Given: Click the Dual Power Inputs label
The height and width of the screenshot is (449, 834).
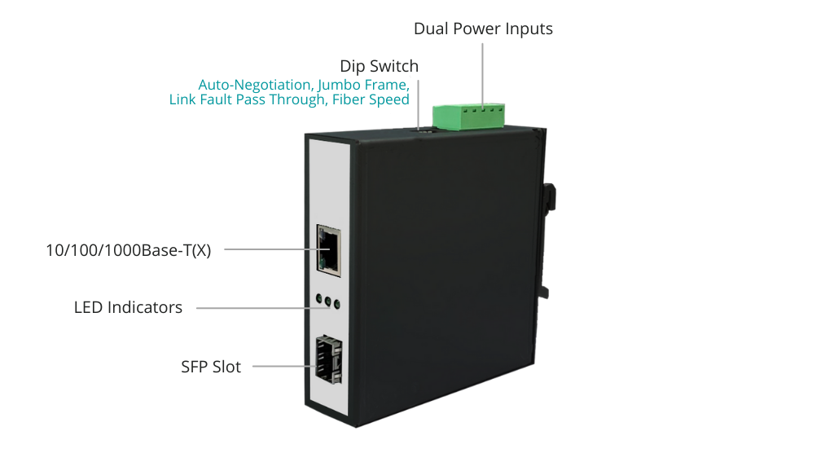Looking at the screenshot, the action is pos(483,29).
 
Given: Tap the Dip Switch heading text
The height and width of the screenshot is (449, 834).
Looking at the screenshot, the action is pos(380,66).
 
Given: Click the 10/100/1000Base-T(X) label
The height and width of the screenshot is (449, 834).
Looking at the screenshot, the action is pos(129,250).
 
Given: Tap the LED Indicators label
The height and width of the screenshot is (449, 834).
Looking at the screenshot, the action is pos(128,307).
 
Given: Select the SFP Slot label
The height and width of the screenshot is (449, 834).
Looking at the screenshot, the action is pos(211,367).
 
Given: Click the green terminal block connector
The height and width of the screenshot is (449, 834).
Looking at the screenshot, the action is pos(468,117).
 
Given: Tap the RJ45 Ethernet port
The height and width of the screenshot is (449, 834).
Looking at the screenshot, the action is pos(329,250).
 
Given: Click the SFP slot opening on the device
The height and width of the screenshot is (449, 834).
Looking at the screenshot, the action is pos(329,359).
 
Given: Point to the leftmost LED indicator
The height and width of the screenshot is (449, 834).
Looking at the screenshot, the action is pos(319,299).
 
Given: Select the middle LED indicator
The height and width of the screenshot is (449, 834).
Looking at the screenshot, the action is pos(327,302).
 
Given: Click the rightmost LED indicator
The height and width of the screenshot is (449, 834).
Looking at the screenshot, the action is pos(336,305).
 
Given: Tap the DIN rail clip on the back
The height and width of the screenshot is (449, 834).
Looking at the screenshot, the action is pos(548,240).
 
